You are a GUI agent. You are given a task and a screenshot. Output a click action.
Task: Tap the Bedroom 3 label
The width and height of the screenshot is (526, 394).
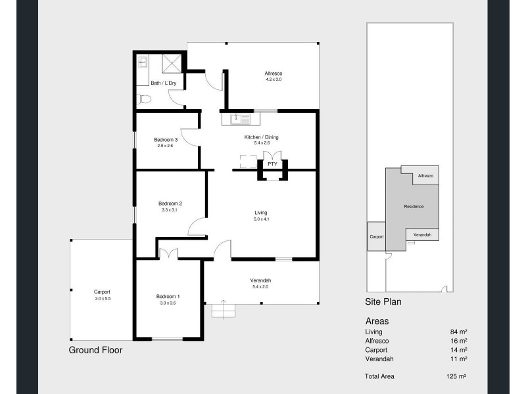tap(166, 139)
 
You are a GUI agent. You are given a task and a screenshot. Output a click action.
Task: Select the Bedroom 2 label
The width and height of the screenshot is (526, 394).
tap(170, 204)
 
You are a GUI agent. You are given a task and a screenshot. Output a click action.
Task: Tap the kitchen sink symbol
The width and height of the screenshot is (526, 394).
tap(241, 119)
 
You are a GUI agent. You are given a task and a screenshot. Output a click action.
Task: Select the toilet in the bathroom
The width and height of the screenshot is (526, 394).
tap(145, 100)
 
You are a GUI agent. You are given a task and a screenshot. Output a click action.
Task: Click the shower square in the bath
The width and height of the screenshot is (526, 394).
tap(172, 63)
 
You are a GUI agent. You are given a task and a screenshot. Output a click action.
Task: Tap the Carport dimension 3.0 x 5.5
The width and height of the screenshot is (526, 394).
tap(102, 298)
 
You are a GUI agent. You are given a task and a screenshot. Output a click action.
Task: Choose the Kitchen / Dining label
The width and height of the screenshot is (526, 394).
tap(262, 137)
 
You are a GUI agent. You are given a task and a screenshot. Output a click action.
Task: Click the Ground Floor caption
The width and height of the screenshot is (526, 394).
tap(95, 350)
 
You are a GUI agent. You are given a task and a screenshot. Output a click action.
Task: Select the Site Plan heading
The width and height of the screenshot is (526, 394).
tap(383, 302)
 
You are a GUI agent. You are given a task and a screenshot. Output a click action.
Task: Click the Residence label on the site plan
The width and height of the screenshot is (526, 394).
tap(414, 207)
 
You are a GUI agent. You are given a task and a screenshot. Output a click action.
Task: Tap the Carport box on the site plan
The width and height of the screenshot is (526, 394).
tap(376, 236)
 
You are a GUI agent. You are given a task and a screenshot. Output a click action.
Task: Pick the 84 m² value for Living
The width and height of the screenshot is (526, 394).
tap(458, 332)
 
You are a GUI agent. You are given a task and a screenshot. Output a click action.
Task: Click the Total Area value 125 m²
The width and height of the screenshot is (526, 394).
tap(457, 376)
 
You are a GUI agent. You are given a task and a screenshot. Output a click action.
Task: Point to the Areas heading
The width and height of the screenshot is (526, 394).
tap(377, 321)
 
